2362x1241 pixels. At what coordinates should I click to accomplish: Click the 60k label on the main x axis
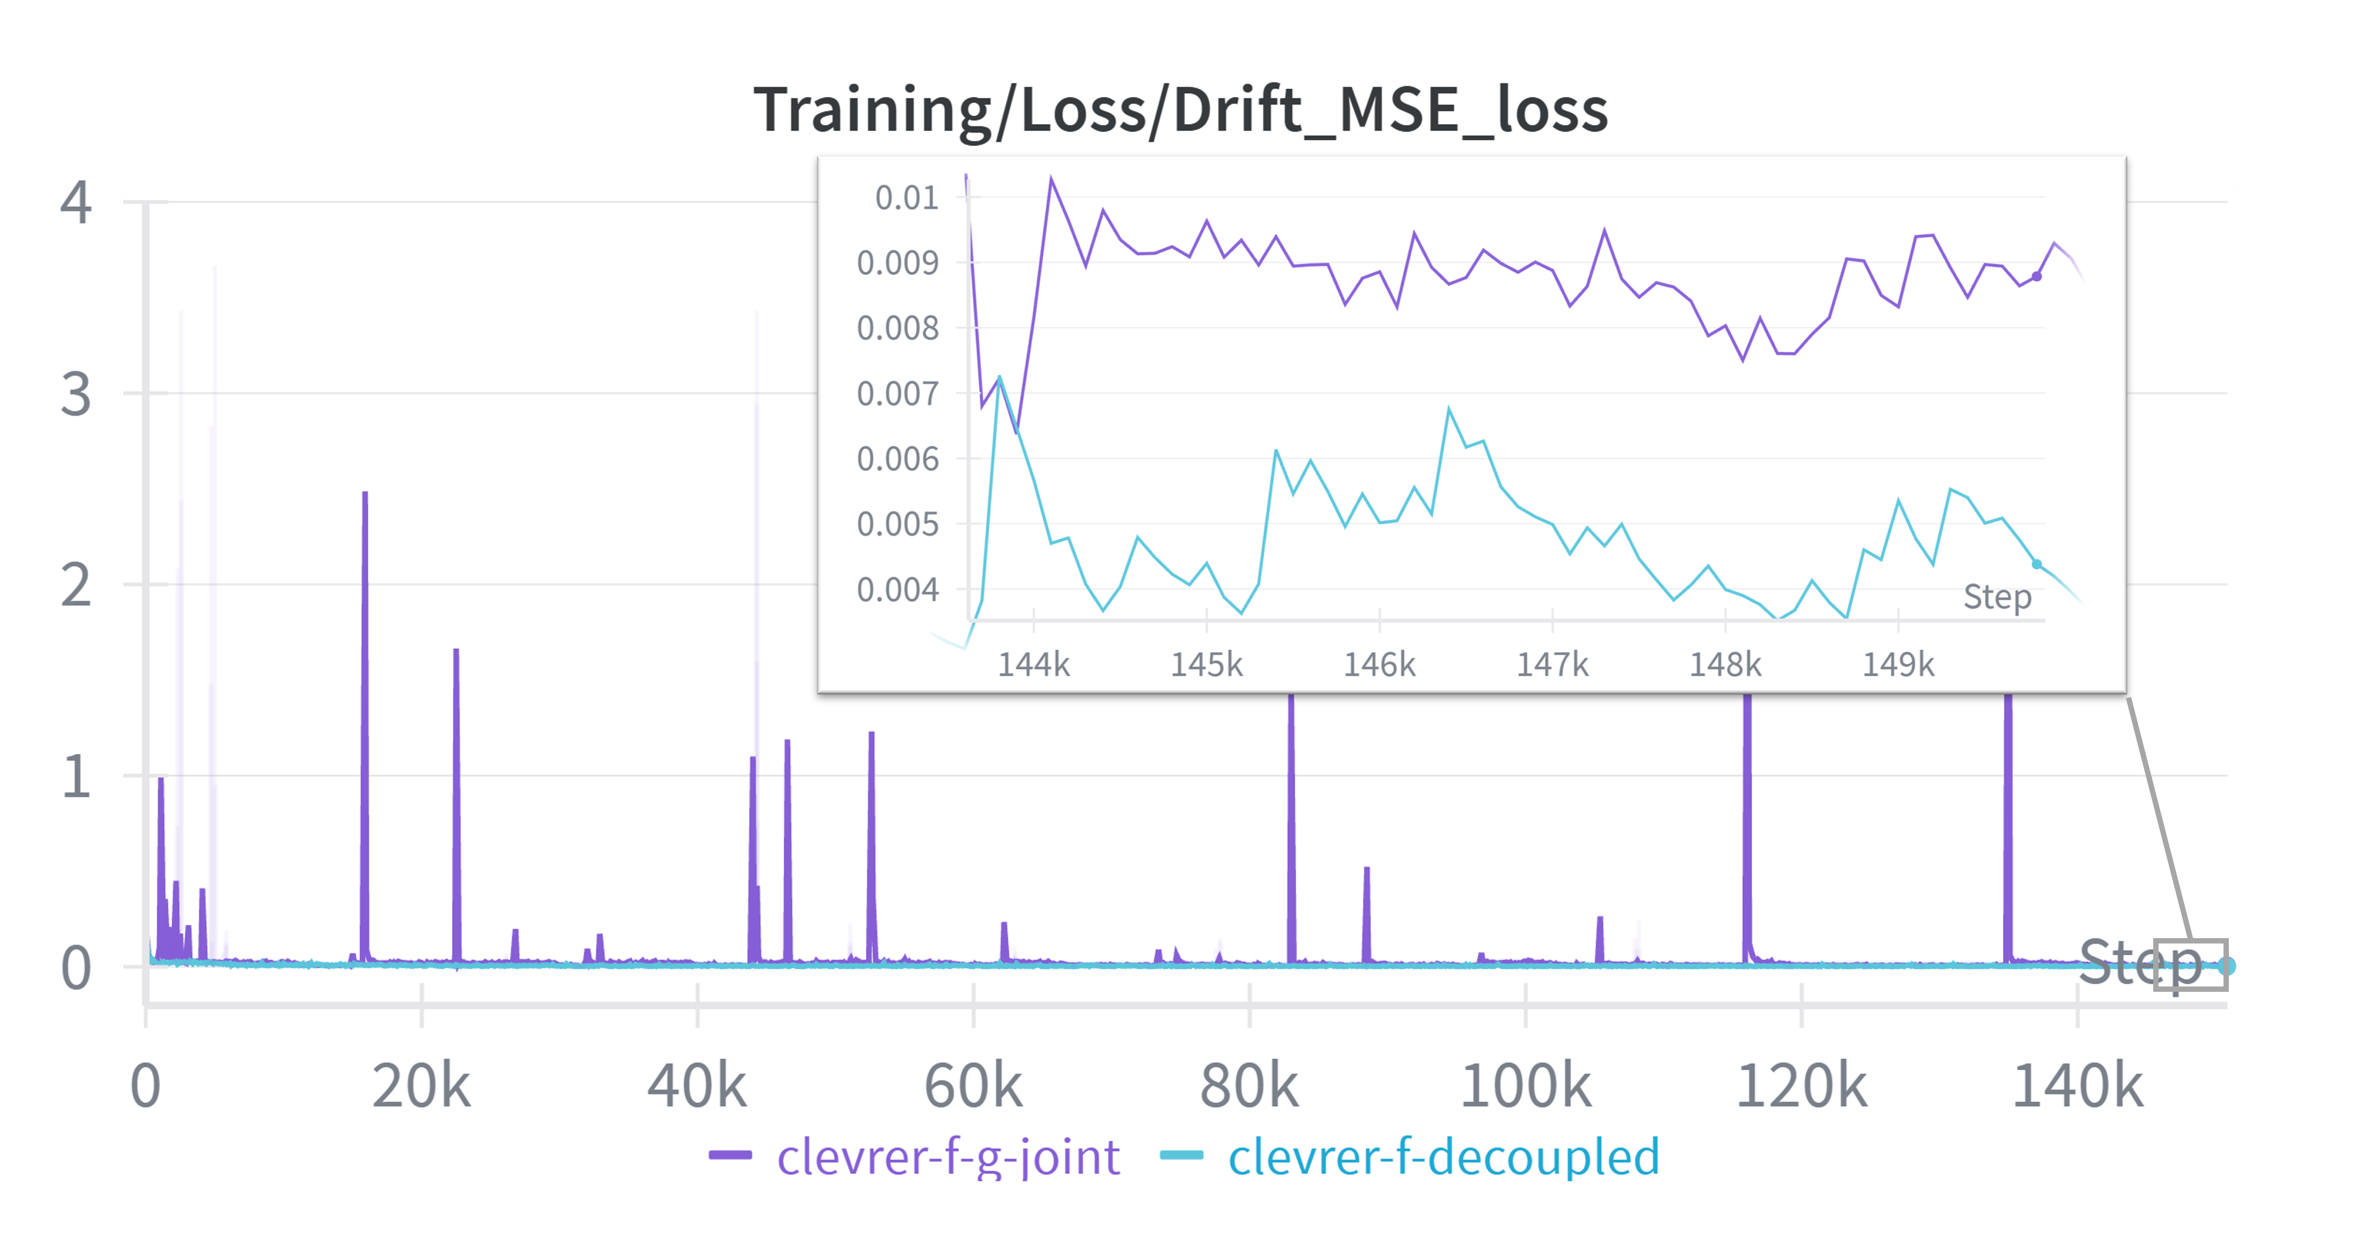pyautogui.click(x=973, y=1087)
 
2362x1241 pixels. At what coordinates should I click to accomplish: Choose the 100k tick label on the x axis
pyautogui.click(x=1525, y=1087)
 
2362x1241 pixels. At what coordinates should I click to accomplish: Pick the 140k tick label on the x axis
pyautogui.click(x=2077, y=1087)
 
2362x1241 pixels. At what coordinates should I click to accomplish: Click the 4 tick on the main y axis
pyautogui.click(x=76, y=202)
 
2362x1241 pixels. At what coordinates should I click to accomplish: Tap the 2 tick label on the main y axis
pyautogui.click(x=76, y=585)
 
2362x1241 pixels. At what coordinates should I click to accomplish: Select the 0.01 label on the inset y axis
pyautogui.click(x=906, y=197)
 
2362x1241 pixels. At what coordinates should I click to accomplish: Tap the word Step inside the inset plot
pyautogui.click(x=1997, y=597)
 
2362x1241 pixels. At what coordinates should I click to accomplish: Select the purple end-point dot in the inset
pyautogui.click(x=2037, y=276)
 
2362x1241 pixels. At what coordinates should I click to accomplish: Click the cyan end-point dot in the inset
pyautogui.click(x=2037, y=564)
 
